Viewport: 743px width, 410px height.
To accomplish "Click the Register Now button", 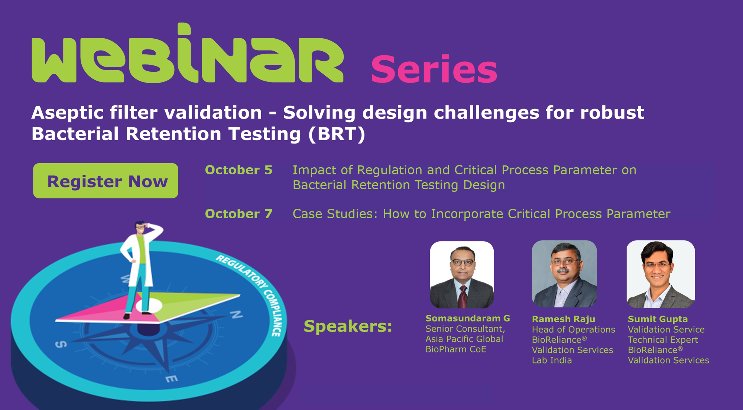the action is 106,181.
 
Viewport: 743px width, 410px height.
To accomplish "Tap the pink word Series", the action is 434,70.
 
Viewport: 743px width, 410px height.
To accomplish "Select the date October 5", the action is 239,170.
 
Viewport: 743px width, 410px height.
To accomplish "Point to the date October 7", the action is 239,214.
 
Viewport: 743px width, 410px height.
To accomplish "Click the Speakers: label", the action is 348,326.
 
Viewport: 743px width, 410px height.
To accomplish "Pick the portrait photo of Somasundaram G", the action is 462,275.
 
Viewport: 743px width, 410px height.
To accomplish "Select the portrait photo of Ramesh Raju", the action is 564,274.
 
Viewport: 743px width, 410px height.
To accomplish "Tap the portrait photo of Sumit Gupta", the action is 661,274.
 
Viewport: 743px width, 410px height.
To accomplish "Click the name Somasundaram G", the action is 468,319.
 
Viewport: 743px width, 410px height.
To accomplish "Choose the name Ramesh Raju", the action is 564,319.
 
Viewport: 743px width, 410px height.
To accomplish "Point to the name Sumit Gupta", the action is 658,319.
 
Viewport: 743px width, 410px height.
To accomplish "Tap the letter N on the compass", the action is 237,315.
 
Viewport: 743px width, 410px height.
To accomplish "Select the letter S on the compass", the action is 61,344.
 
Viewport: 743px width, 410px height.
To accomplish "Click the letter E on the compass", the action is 172,379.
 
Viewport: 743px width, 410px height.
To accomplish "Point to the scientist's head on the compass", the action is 140,227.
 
